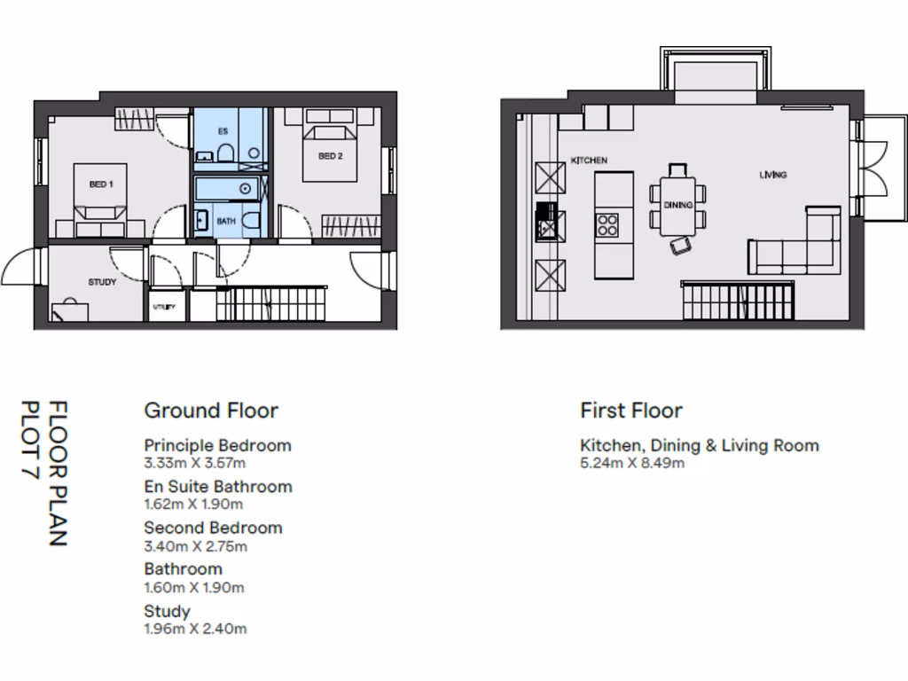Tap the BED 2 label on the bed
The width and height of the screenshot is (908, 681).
(330, 156)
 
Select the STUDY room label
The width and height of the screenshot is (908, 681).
(103, 282)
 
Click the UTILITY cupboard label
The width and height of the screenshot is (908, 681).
(164, 307)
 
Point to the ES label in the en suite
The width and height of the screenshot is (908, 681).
(223, 130)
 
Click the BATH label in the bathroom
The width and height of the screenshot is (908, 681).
(227, 221)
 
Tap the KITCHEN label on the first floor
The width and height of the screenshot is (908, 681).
(589, 160)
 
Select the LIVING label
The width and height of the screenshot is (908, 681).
(772, 175)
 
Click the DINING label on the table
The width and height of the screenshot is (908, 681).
(678, 205)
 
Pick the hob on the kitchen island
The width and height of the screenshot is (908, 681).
(607, 223)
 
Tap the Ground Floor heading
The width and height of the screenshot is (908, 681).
(211, 411)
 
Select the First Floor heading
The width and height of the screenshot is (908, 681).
(631, 411)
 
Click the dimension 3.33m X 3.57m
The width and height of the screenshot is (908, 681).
(195, 463)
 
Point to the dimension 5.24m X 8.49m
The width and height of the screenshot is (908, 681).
(632, 463)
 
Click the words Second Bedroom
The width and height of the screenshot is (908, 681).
(213, 528)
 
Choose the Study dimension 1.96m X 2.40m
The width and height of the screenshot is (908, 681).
(195, 629)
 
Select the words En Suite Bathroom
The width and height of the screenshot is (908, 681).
(217, 487)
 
